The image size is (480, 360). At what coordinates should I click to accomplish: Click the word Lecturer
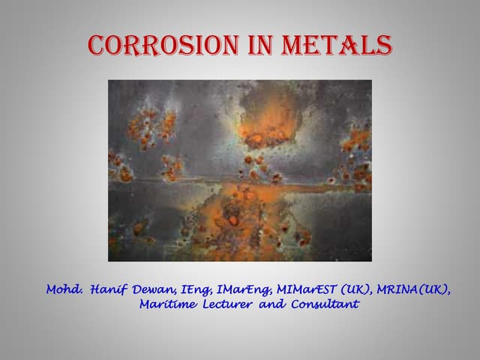click(229, 304)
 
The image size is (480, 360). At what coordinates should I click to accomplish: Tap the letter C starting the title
click(97, 45)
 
